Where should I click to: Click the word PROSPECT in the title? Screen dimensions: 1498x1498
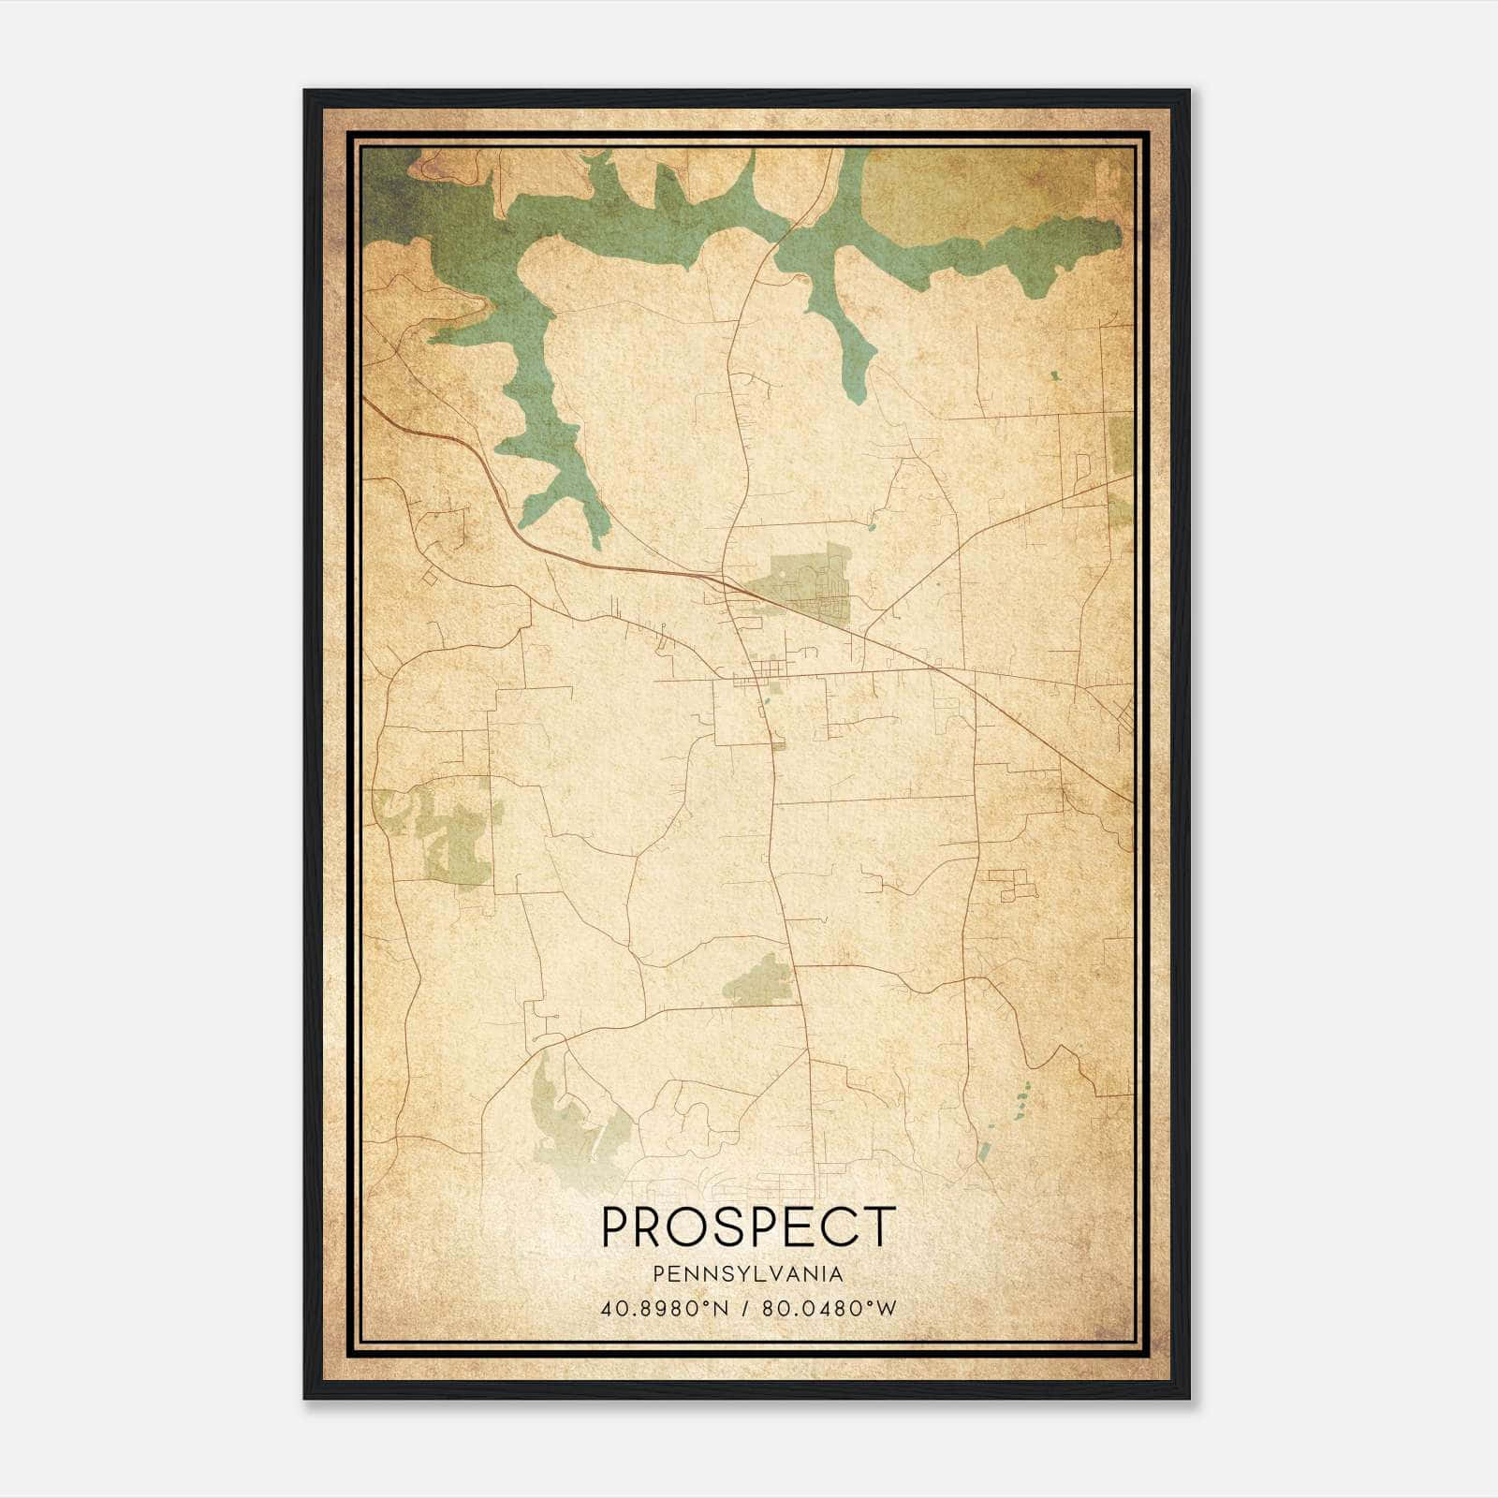[748, 1226]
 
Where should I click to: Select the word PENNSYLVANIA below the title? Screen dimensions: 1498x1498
[748, 1274]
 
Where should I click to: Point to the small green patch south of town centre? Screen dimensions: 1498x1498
[763, 980]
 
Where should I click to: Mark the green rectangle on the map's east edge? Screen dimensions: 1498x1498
[1121, 443]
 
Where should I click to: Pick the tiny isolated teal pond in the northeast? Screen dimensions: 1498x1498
[1055, 375]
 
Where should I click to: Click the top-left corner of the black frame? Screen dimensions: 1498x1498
[305, 91]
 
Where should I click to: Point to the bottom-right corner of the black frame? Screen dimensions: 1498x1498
[1190, 1399]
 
